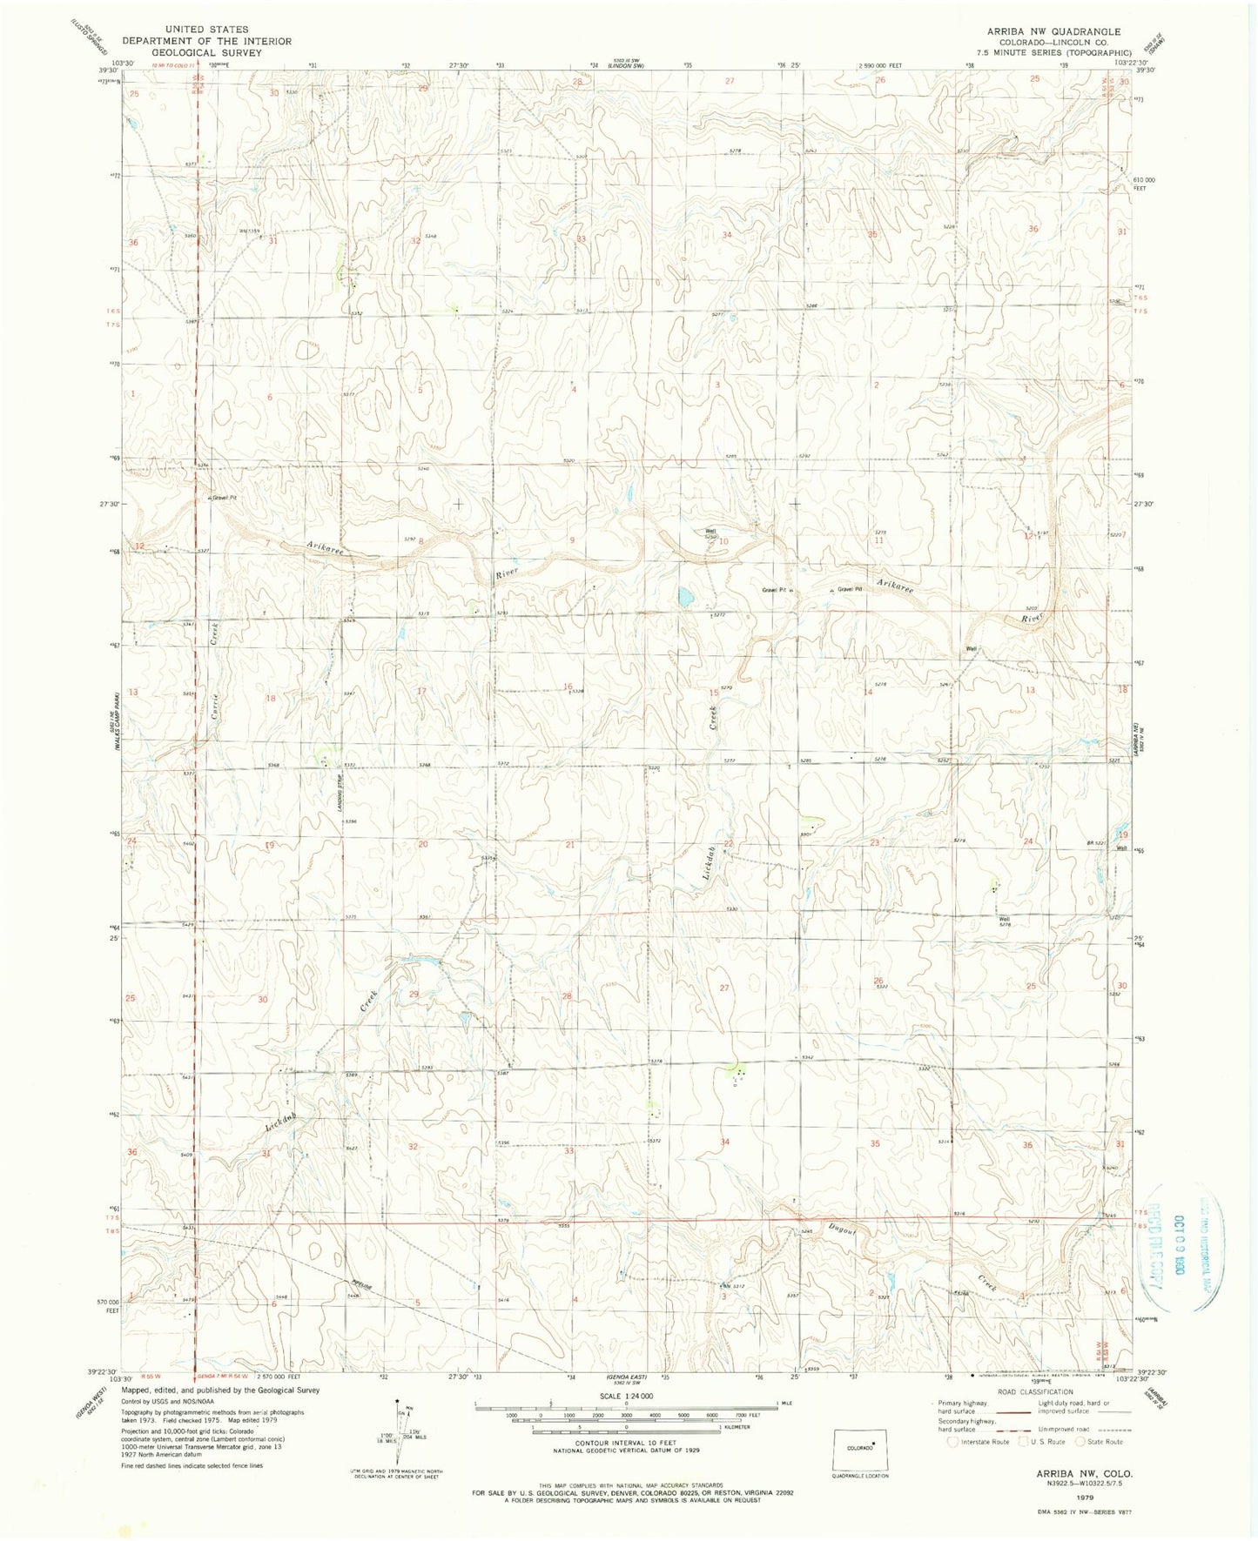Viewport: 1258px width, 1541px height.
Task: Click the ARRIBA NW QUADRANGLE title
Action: pos(1053,31)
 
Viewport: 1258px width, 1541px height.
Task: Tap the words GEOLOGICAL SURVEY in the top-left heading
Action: pos(206,52)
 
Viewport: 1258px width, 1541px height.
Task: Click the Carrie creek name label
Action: pos(212,693)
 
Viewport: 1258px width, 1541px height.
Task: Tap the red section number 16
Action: pos(568,687)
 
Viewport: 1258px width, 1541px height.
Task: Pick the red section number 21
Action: pos(570,844)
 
